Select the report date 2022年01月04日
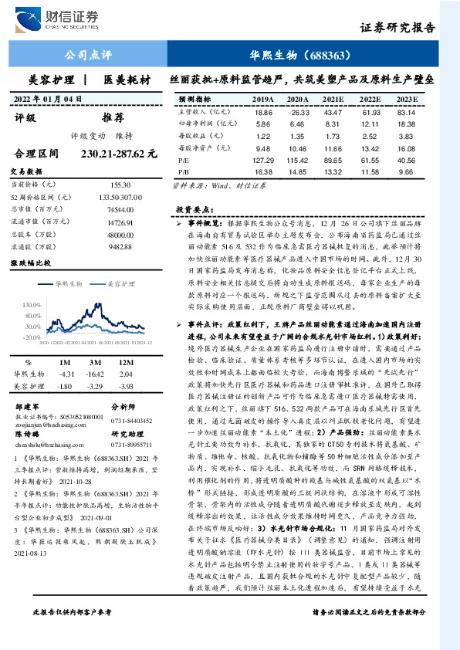(x=48, y=98)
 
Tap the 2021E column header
(x=333, y=100)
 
